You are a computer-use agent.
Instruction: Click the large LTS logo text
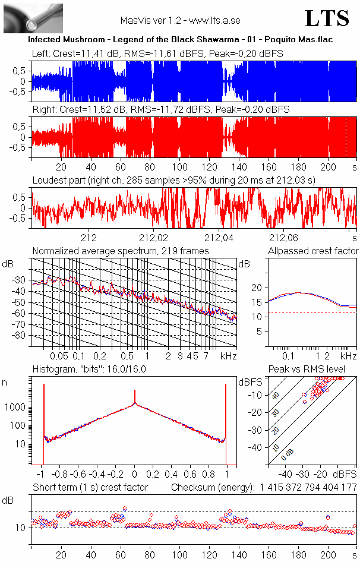(x=327, y=18)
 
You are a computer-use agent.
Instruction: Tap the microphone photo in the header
(x=33, y=18)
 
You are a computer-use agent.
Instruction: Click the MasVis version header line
(x=180, y=20)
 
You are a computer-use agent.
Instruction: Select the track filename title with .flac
(x=180, y=39)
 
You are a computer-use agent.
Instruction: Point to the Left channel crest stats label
(x=157, y=53)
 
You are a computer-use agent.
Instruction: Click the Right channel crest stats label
(x=160, y=109)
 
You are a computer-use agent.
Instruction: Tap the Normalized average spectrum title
(x=121, y=251)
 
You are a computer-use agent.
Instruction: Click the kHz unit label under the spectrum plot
(x=229, y=356)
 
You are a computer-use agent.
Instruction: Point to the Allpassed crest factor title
(x=313, y=251)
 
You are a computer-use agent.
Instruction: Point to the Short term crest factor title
(x=90, y=487)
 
